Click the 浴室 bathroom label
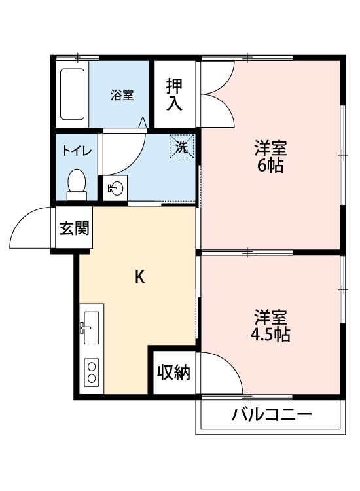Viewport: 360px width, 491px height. click(122, 95)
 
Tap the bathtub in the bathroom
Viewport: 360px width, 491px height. click(72, 95)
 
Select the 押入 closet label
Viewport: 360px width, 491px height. click(174, 94)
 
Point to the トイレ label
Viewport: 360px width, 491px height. click(77, 150)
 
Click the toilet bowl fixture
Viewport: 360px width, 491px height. click(77, 183)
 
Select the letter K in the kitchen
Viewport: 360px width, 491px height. click(139, 277)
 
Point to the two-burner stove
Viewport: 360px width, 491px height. click(90, 373)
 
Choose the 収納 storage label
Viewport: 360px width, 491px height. click(173, 373)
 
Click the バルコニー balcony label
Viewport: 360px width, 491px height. click(271, 415)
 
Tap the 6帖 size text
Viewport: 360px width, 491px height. click(270, 165)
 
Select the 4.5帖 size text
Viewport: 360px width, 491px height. click(270, 335)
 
